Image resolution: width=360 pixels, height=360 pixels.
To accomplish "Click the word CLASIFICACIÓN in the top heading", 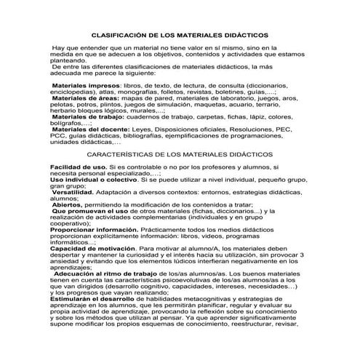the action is (x=122, y=34).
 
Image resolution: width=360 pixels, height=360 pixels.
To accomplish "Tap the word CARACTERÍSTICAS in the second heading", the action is (x=121, y=155).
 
